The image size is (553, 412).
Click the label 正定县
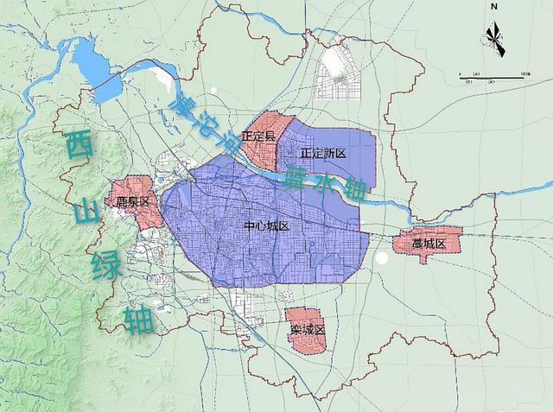[x=259, y=136]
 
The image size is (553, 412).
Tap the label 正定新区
[x=322, y=153]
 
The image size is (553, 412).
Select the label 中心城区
[x=265, y=226]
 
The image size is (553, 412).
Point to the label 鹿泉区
[x=133, y=201]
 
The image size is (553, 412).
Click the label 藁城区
[x=428, y=244]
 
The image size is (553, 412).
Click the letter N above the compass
[x=493, y=7]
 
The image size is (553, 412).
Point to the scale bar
[x=493, y=75]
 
